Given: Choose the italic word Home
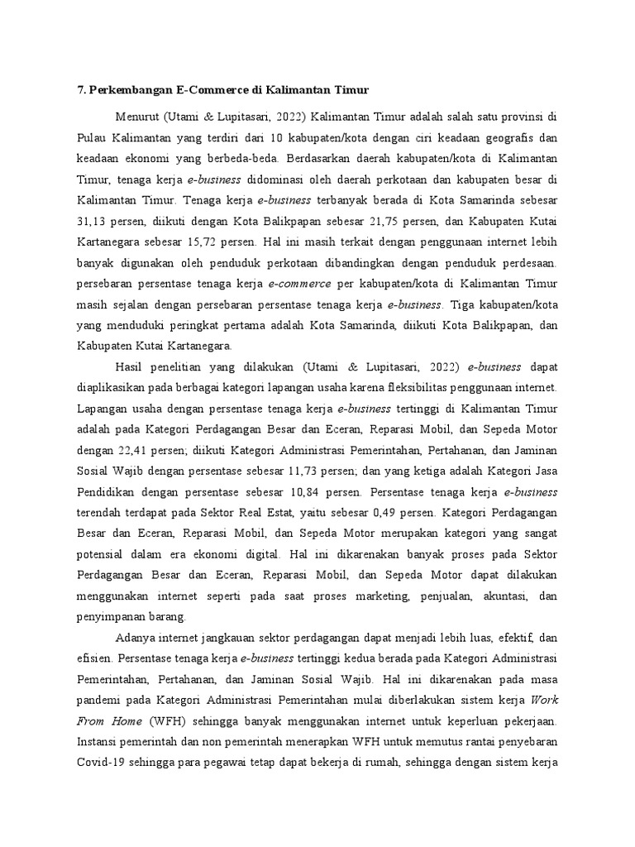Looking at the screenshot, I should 120,720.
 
